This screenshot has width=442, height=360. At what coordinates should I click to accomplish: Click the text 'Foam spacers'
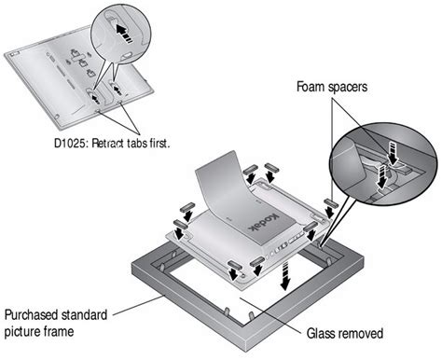click(x=332, y=87)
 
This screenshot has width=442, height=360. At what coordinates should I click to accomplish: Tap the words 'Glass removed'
click(x=345, y=333)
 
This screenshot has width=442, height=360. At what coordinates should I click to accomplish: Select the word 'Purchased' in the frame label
click(x=31, y=315)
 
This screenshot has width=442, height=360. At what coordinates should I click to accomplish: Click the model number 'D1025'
click(x=71, y=144)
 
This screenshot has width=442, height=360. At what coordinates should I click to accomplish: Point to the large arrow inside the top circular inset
click(x=124, y=34)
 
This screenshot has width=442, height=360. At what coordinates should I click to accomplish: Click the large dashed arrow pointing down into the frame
click(x=284, y=275)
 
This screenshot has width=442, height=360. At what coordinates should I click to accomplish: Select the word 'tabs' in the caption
click(x=137, y=144)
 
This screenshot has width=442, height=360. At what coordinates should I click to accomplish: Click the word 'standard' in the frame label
click(x=84, y=315)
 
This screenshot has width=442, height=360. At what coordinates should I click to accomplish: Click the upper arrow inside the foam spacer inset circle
click(x=393, y=153)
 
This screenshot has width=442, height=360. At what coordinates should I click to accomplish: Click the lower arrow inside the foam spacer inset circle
click(x=382, y=177)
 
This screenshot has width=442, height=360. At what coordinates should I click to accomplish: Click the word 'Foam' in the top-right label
click(x=311, y=87)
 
